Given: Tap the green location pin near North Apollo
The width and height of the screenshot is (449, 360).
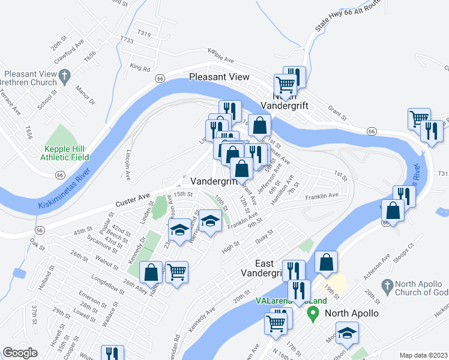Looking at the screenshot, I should [312, 313].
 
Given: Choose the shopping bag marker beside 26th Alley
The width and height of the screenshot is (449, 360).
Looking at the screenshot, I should [151, 272].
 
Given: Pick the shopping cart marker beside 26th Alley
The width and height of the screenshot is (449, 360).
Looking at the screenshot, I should [177, 272].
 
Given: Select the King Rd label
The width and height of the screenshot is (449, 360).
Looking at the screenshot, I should [139, 68].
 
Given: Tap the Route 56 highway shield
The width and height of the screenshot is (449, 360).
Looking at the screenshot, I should [39, 230].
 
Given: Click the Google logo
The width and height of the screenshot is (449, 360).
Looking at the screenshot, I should [20, 353].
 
